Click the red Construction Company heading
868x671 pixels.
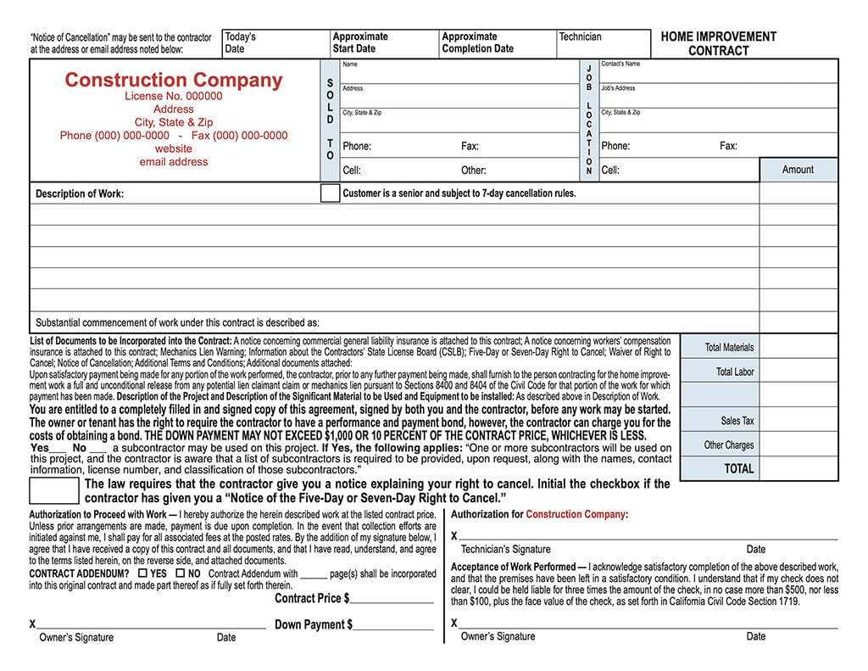pos(173,81)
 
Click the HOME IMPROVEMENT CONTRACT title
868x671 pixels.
pos(718,43)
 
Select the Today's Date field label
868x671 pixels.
pos(240,42)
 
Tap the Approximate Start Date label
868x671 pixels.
pos(360,42)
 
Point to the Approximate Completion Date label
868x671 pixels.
pos(477,42)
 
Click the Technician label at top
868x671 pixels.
pos(580,36)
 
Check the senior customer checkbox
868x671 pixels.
pos(330,193)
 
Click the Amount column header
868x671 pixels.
pos(798,170)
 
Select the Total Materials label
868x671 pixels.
pos(729,347)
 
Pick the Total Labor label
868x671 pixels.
pos(734,372)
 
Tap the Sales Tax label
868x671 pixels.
pos(737,421)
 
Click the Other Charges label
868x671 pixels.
pos(728,445)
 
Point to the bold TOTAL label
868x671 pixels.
pos(738,468)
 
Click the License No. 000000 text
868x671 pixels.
pos(173,96)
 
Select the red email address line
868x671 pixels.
pos(173,162)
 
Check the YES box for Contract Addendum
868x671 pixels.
pos(142,573)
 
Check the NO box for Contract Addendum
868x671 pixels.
pos(180,573)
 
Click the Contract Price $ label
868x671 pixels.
pos(312,598)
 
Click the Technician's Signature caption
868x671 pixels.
pos(505,549)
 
